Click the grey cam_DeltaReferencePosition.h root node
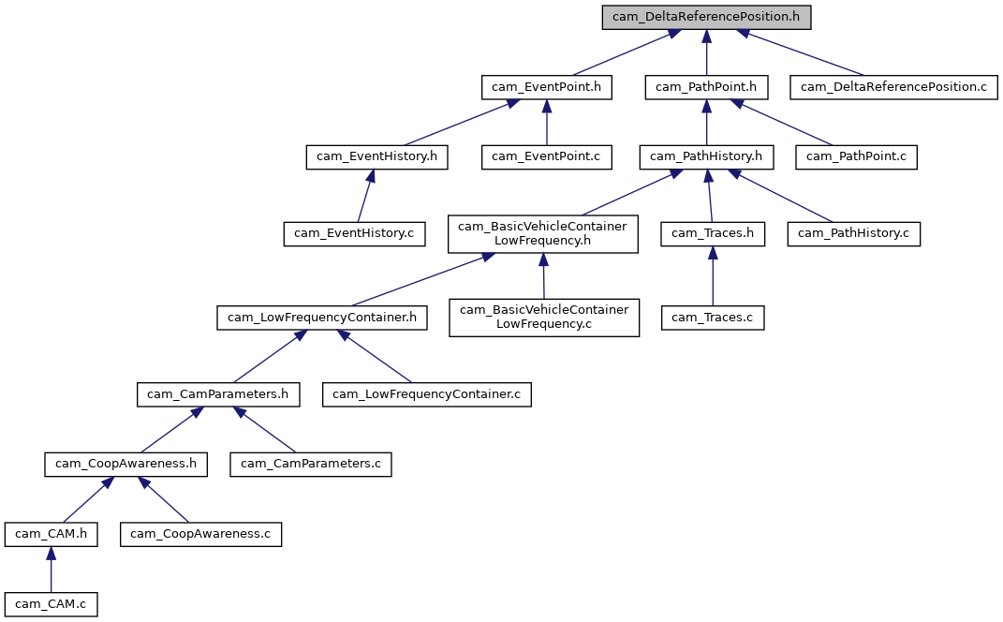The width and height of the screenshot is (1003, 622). pyautogui.click(x=706, y=17)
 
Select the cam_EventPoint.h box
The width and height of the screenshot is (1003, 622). pyautogui.click(x=547, y=87)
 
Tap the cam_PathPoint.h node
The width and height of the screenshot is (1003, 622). pyautogui.click(x=706, y=87)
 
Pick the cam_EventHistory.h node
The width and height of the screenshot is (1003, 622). pyautogui.click(x=376, y=156)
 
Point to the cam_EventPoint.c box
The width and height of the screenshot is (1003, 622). pyautogui.click(x=547, y=156)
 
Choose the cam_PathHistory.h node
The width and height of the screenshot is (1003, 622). pyautogui.click(x=706, y=156)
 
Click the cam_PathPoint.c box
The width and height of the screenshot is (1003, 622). pyautogui.click(x=856, y=156)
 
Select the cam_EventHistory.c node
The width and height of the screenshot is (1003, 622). pyautogui.click(x=355, y=233)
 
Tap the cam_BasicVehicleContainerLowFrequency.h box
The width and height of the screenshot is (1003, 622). pyautogui.click(x=543, y=233)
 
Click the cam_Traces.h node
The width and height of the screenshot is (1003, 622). pyautogui.click(x=713, y=233)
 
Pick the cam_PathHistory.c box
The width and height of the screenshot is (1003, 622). pyautogui.click(x=854, y=233)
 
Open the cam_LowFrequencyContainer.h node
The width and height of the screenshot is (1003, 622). pyautogui.click(x=322, y=318)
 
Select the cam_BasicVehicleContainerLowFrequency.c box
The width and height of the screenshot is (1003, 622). pyautogui.click(x=544, y=318)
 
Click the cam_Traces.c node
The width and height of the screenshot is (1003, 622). pyautogui.click(x=713, y=318)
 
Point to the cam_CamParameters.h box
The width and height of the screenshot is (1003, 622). pyautogui.click(x=218, y=394)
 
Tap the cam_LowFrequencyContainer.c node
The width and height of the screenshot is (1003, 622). pyautogui.click(x=428, y=394)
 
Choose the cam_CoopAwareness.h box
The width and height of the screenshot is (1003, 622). pyautogui.click(x=125, y=463)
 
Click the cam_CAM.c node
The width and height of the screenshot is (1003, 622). pyautogui.click(x=51, y=603)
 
